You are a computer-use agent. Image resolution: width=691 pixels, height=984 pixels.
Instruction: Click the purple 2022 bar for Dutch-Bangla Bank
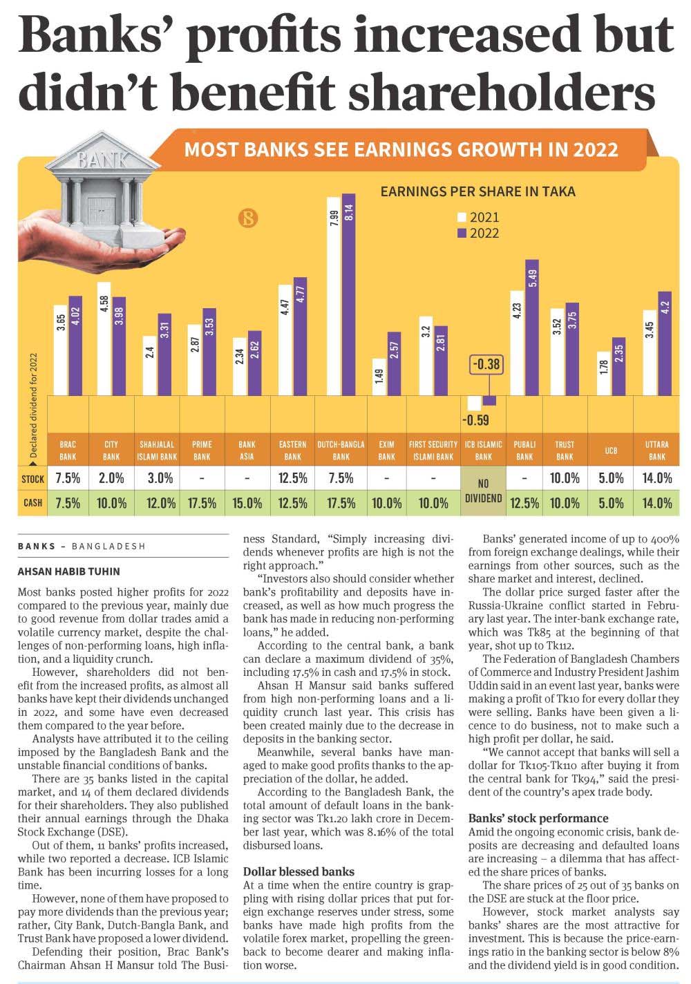coord(348,294)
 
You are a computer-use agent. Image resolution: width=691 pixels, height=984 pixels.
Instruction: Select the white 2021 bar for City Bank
coord(104,339)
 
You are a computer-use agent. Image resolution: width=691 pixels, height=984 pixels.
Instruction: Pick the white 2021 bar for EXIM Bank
coord(379,377)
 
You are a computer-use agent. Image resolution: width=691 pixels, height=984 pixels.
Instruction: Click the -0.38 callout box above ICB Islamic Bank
coord(485,364)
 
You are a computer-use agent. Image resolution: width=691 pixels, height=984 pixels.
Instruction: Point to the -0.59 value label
coord(475,419)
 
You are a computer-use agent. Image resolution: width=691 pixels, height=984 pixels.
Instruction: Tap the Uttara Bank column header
coord(657,451)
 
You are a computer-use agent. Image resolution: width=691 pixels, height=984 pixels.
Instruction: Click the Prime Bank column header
coord(202,451)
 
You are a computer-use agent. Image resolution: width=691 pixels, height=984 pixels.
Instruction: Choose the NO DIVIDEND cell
coord(484,490)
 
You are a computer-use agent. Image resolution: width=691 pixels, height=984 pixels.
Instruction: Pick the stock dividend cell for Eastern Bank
coord(292,478)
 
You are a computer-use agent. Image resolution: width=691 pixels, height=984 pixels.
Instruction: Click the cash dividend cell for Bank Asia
coord(247,503)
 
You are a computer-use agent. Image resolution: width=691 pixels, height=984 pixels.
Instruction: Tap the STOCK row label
coord(32,478)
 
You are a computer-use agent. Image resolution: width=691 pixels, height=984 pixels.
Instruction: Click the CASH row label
coord(32,503)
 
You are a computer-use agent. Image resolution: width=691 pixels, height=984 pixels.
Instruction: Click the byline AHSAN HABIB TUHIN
coord(68,571)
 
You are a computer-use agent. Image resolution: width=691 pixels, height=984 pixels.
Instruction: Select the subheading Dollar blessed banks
coord(299,871)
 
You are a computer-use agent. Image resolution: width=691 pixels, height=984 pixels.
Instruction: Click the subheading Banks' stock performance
coord(538,818)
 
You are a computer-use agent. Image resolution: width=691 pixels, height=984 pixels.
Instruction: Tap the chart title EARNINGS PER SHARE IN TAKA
coord(477,191)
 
